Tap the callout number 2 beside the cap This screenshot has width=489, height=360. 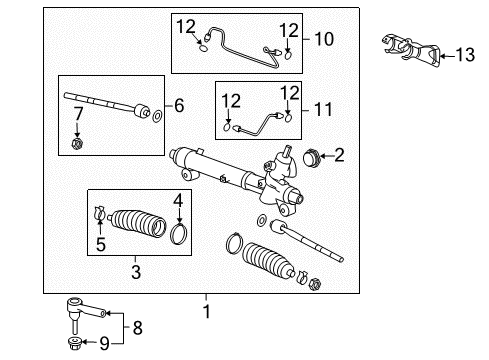click(338, 154)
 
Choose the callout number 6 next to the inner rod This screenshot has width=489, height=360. click(180, 104)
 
